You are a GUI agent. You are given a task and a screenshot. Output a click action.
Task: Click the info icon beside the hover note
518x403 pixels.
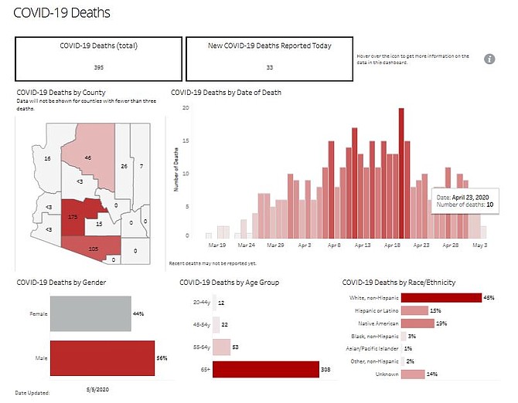click(489, 59)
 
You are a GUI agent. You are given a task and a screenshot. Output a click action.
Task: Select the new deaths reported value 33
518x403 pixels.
click(268, 68)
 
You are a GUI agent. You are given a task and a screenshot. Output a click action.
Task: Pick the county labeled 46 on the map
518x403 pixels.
click(88, 157)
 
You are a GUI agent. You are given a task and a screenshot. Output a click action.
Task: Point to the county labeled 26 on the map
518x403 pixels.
click(124, 166)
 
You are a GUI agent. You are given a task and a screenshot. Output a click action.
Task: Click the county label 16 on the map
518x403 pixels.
click(47, 158)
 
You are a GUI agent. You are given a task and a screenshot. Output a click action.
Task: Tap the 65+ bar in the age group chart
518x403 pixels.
click(264, 370)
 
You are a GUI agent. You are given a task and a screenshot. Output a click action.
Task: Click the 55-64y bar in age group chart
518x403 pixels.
click(221, 347)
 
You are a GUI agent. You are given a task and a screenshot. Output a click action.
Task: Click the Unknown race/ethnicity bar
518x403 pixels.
click(413, 374)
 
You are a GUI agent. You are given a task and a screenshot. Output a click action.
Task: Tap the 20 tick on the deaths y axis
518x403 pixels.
click(186, 107)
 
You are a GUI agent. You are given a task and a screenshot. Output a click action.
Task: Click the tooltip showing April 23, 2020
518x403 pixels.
click(462, 201)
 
